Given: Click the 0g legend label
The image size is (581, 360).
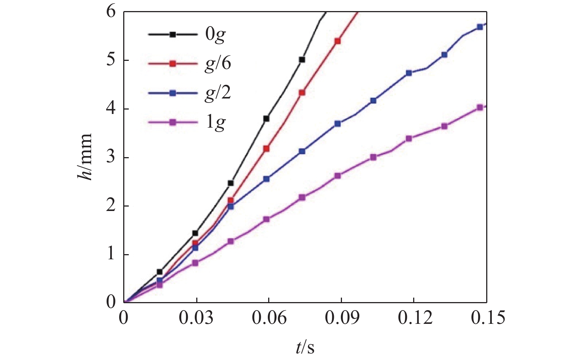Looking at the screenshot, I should click(x=215, y=35).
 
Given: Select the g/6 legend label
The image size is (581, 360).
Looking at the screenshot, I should click(x=218, y=64).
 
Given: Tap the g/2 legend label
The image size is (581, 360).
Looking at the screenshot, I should click(x=218, y=93).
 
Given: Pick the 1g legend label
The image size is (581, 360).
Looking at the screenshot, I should click(x=215, y=122).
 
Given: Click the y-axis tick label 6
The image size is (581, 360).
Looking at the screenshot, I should click(x=111, y=12).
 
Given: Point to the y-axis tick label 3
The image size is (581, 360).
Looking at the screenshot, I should click(x=111, y=157).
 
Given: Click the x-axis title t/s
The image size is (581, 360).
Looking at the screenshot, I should click(x=305, y=347).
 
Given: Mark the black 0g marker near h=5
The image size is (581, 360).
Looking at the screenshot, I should click(x=302, y=59).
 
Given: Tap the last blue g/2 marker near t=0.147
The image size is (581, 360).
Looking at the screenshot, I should click(x=480, y=27).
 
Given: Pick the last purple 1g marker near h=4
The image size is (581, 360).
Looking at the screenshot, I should click(x=480, y=107).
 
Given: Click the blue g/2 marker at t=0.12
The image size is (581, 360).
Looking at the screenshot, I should click(x=409, y=73).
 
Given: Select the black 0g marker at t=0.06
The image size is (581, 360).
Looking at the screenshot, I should click(x=266, y=118).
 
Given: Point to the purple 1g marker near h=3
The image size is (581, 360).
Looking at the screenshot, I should click(x=373, y=157).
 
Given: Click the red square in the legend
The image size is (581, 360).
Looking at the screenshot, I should click(x=173, y=63).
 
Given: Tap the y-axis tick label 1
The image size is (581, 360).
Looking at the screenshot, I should click(x=111, y=255).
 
